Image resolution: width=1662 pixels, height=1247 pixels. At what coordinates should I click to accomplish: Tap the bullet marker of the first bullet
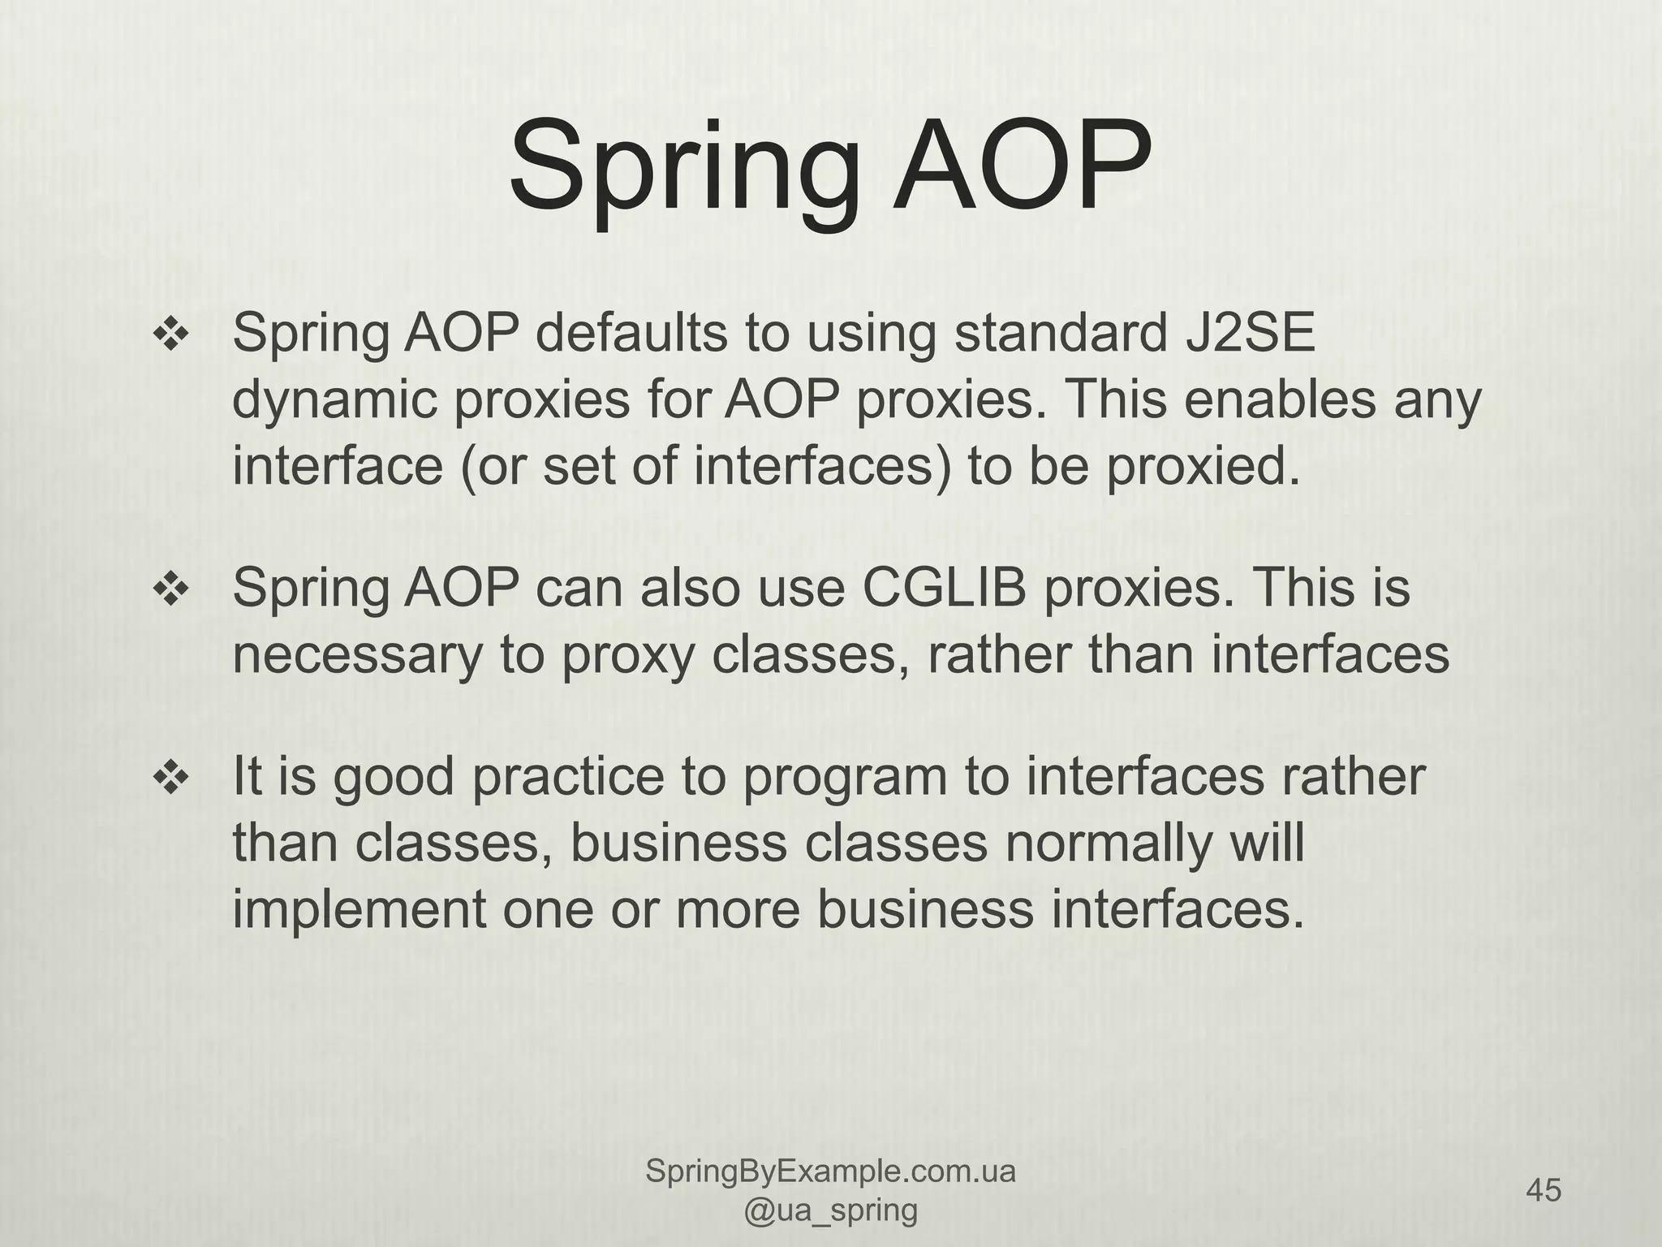click(171, 335)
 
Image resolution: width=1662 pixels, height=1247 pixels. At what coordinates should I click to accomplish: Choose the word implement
click(360, 909)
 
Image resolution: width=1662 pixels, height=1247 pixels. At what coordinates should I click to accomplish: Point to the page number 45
click(1544, 1190)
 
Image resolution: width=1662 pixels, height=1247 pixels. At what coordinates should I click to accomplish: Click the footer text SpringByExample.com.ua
click(830, 1172)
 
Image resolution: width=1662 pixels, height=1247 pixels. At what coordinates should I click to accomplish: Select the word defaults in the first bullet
click(631, 333)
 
